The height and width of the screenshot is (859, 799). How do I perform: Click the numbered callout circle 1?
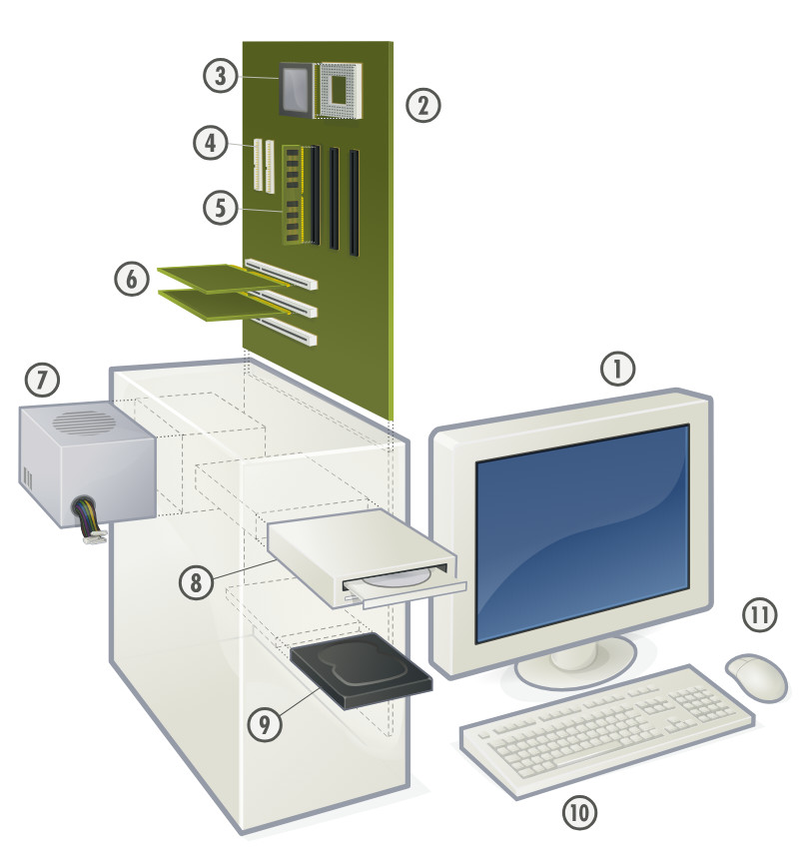[x=618, y=370]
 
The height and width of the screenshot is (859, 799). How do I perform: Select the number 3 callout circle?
[x=220, y=75]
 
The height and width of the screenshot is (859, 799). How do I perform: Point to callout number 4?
[x=212, y=142]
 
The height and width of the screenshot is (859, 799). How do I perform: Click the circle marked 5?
[x=220, y=208]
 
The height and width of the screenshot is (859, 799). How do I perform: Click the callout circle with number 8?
[x=197, y=581]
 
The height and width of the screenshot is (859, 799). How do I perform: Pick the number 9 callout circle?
[x=264, y=725]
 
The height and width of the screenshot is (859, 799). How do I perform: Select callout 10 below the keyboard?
[x=578, y=813]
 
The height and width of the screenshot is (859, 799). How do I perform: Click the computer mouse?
[x=757, y=676]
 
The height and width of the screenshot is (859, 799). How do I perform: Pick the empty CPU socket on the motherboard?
[x=340, y=90]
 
